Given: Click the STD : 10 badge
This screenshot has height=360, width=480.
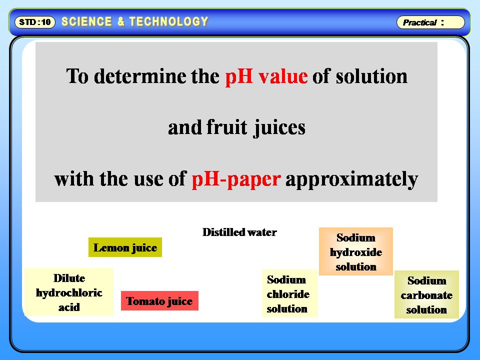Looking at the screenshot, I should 35,22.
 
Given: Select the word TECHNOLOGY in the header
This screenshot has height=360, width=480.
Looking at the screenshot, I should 168,22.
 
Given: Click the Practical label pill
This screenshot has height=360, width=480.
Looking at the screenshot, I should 430,22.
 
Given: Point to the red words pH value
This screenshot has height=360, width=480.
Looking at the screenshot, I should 266,76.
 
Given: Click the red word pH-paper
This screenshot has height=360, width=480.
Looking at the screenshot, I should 235,178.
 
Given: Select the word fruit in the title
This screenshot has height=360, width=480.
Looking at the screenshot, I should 227,127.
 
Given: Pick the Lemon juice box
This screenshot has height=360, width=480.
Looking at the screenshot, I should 125,247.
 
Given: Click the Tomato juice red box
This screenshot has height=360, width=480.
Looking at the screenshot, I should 159,301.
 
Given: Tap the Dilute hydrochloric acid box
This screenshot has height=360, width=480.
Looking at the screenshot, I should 69,292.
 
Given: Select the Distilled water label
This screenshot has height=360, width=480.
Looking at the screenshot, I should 239,232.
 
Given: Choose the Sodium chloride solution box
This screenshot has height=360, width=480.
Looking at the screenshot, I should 288,294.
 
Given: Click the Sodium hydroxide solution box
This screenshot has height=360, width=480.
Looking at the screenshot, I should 356,252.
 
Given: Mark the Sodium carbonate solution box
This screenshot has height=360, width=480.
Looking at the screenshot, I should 426,295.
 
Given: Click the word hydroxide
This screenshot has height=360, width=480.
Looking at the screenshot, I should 356,252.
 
